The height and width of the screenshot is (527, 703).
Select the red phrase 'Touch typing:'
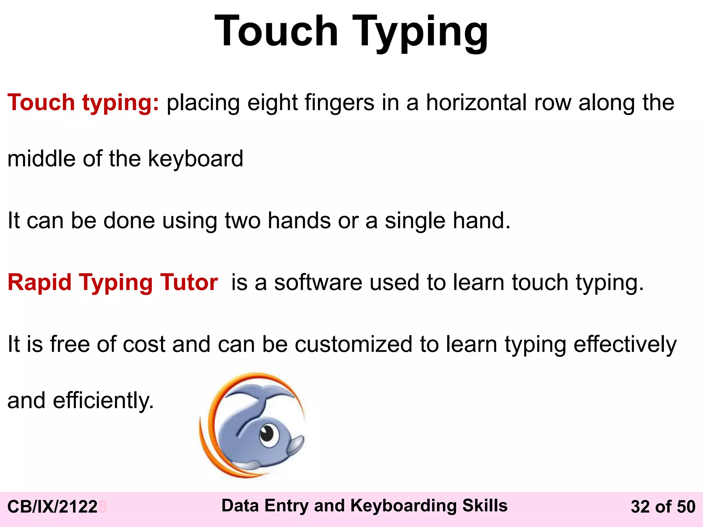83,103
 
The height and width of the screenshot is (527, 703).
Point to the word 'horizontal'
476,103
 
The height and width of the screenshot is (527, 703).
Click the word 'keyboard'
195,159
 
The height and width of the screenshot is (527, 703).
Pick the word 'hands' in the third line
299,220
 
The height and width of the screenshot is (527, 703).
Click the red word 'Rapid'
39,282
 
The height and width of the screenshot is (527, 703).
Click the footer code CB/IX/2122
53,507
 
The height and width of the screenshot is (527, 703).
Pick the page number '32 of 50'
663,507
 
